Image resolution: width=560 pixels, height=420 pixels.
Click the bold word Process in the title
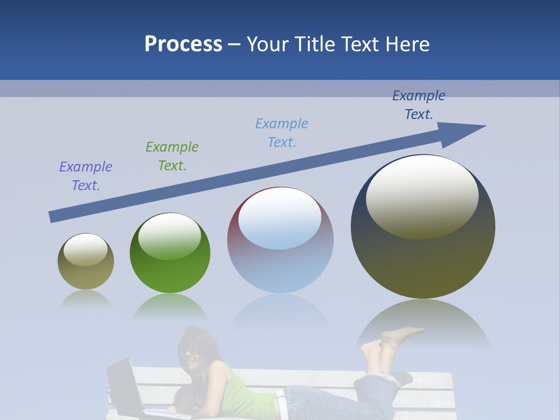(183, 44)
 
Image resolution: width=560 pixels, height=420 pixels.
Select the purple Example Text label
(86, 176)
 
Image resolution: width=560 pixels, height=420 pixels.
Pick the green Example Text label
(172, 156)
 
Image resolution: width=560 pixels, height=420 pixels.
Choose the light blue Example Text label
(282, 133)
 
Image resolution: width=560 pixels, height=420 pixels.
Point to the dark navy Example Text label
(419, 105)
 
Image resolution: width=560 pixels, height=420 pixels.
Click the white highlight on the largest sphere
(422, 195)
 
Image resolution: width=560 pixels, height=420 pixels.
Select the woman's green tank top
(245, 391)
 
